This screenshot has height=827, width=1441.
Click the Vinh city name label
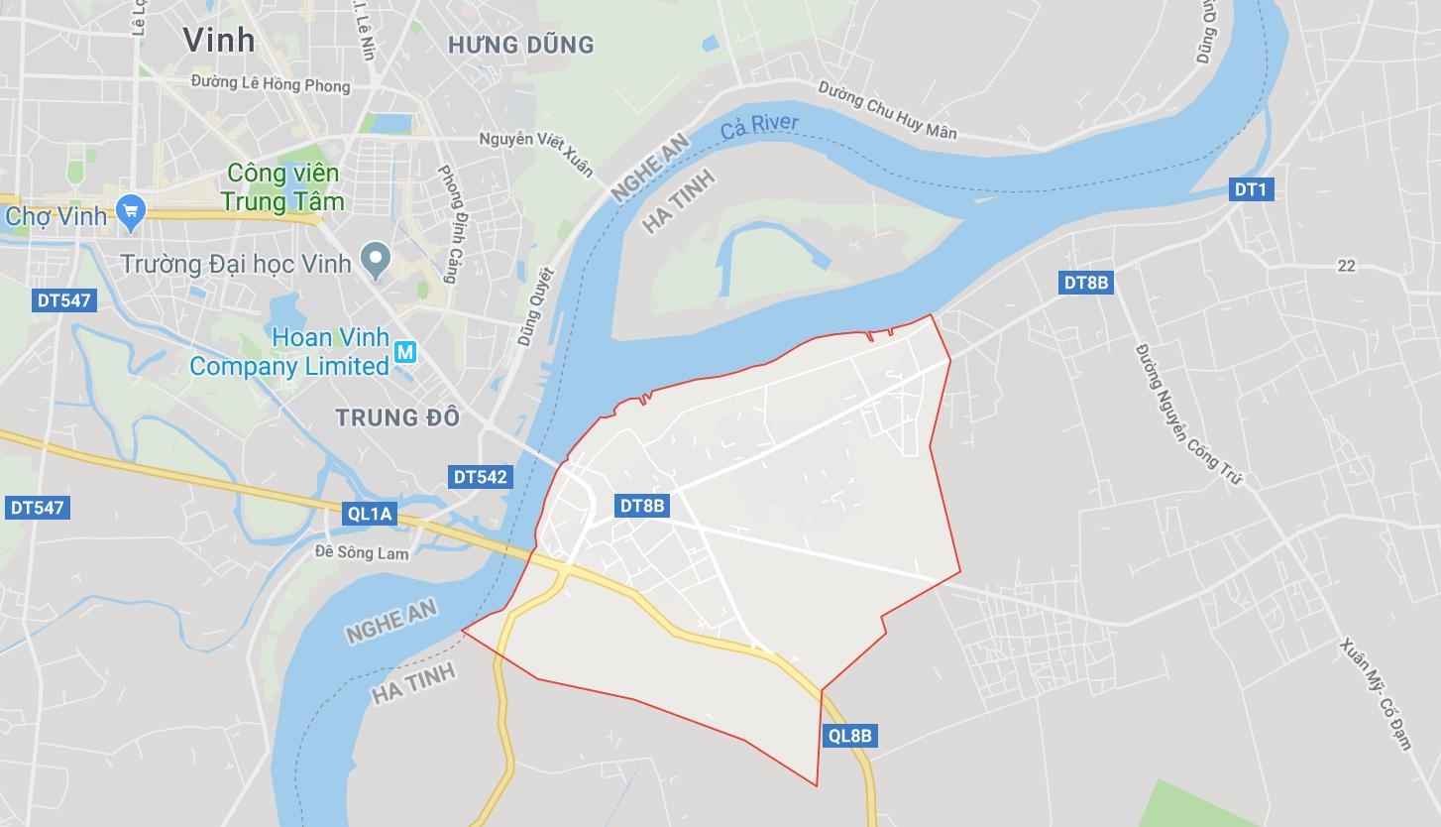[x=219, y=40]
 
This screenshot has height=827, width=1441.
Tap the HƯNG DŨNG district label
[x=520, y=45]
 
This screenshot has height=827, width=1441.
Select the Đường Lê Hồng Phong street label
[x=271, y=85]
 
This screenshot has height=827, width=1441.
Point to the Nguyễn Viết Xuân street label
[x=536, y=155]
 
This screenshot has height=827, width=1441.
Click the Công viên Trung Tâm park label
[x=284, y=187]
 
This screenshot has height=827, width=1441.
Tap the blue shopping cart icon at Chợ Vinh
[x=130, y=211]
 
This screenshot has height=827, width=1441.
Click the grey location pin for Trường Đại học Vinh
[x=375, y=260]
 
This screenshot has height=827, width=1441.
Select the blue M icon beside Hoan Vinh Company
[x=404, y=352]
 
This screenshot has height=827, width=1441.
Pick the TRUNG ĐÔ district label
[x=397, y=417]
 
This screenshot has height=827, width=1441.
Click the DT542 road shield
[x=481, y=477]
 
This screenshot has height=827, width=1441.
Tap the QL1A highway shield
[x=371, y=513]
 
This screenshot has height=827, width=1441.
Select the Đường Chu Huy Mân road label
[x=887, y=109]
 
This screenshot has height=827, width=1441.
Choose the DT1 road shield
[x=1251, y=189]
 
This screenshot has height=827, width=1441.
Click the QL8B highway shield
[x=849, y=736]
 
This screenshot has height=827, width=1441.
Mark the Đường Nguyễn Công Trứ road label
[x=1188, y=414]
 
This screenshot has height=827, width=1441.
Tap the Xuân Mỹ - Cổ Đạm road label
[x=1376, y=694]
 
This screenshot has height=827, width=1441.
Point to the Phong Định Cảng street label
[x=447, y=223]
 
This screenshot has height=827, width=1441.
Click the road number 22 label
[x=1346, y=266]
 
